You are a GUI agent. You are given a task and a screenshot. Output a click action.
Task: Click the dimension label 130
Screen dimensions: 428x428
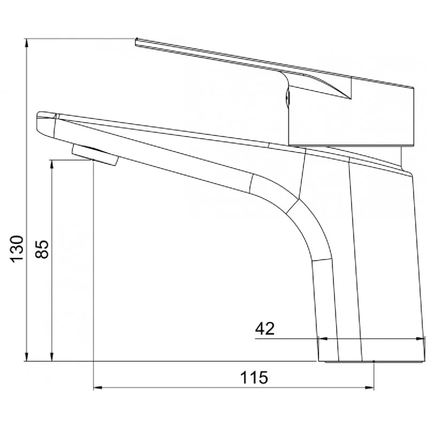click(x=17, y=249)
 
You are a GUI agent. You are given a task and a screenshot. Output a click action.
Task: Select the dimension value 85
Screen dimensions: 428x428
click(x=42, y=249)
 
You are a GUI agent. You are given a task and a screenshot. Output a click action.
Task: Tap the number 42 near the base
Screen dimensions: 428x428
click(x=264, y=328)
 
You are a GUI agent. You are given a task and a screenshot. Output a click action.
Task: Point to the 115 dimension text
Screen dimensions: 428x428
click(x=254, y=378)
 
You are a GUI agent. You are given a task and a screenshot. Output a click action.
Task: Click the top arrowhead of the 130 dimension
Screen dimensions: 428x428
click(x=26, y=43)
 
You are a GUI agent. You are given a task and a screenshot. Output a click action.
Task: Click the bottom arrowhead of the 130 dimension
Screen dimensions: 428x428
click(x=26, y=357)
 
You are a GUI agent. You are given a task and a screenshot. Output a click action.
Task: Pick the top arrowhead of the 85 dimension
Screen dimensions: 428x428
click(x=52, y=164)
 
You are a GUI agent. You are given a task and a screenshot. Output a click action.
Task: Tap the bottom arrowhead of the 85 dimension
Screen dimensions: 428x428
click(x=52, y=357)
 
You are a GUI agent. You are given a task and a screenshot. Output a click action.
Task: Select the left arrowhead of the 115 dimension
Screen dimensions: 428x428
click(x=98, y=387)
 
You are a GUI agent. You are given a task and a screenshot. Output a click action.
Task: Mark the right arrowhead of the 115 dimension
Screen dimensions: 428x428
click(x=370, y=387)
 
